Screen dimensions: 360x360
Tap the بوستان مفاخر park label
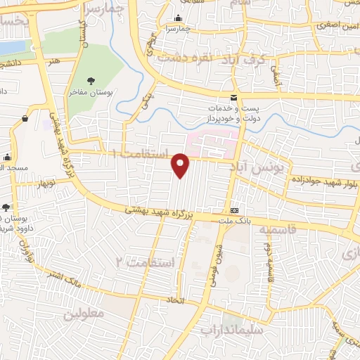pos(95,92)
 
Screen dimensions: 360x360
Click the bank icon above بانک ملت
pos(234,211)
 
